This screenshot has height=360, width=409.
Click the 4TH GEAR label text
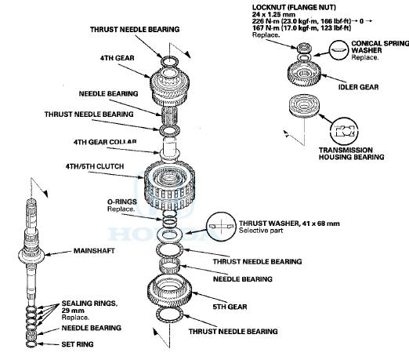118,58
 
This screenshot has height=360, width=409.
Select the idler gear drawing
304,74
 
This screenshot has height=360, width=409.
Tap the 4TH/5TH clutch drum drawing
170,186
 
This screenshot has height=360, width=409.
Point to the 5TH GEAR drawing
169,291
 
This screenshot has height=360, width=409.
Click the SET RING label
78,344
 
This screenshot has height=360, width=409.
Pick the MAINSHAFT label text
94,251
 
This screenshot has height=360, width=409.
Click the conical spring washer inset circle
338,49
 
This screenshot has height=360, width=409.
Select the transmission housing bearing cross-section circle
344,131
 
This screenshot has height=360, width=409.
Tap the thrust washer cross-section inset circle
221,226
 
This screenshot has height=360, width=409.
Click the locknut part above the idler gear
303,48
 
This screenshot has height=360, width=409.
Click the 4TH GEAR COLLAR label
105,142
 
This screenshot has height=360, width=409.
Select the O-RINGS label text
122,202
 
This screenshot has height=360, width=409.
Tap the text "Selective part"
261,231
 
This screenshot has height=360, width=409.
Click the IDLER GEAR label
358,87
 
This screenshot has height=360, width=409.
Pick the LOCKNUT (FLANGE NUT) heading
294,7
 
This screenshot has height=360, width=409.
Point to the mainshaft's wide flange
31,255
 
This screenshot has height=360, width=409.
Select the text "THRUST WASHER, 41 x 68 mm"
289,224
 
